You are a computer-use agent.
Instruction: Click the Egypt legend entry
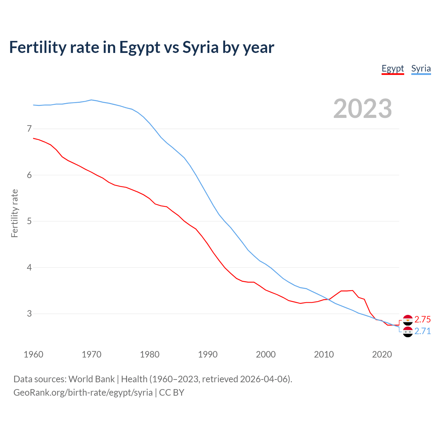coord(393,68)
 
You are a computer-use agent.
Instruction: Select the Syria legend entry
coord(421,68)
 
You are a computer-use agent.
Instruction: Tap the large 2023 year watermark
coord(362,109)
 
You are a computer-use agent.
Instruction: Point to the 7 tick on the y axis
coord(29,129)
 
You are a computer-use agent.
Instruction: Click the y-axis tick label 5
coord(29,221)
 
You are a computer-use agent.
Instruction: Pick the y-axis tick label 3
coord(29,313)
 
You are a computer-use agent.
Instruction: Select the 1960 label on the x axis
coord(33,354)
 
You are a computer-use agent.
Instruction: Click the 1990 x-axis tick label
coord(208,354)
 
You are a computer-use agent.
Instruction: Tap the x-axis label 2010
coord(324,354)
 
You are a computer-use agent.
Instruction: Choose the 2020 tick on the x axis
coord(382,354)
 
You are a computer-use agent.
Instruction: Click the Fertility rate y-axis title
coord(14,213)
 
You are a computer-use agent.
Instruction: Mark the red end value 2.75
coord(422,319)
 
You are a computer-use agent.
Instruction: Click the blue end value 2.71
coord(422,331)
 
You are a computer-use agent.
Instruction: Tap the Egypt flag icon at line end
coord(408,320)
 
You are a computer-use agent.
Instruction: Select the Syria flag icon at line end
coord(408,332)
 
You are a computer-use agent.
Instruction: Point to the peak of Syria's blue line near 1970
coord(91,100)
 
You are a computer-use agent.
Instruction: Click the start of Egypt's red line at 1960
coord(34,138)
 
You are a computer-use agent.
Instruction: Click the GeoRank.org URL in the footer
coord(83,392)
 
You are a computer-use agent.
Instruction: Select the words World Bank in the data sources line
coord(91,379)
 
